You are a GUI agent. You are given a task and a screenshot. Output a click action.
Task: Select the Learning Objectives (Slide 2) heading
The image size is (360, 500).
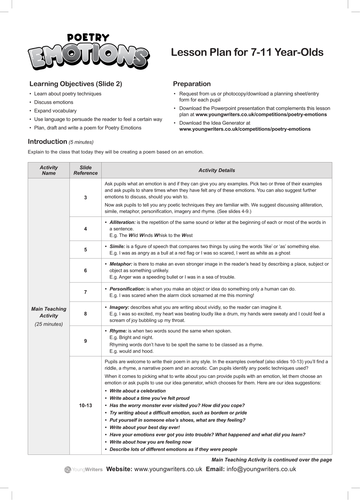point(79,86)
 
